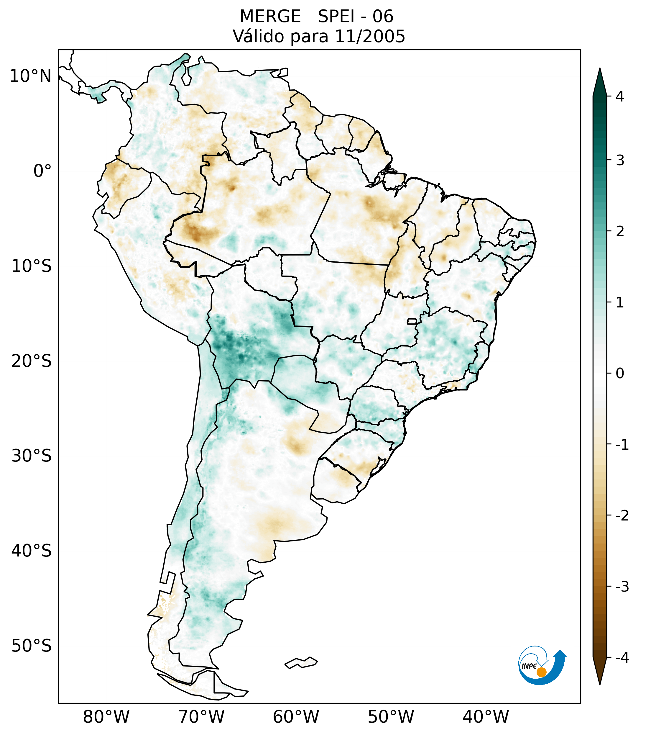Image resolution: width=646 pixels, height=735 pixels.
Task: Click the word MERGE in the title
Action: click(x=270, y=17)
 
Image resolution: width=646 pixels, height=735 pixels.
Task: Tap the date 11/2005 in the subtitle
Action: click(x=370, y=36)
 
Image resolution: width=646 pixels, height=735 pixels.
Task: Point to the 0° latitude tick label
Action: click(x=42, y=171)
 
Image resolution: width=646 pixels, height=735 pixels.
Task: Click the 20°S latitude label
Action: click(x=32, y=361)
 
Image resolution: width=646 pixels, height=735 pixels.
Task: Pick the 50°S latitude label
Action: click(x=32, y=646)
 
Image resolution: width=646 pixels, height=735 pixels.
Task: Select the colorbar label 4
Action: click(x=619, y=96)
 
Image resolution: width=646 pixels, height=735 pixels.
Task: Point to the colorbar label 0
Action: click(x=619, y=374)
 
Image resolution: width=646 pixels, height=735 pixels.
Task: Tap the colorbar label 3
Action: click(x=619, y=161)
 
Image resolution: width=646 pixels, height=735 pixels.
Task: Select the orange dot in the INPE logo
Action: click(x=541, y=672)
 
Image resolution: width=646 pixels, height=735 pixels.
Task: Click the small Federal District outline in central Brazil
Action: click(x=412, y=321)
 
